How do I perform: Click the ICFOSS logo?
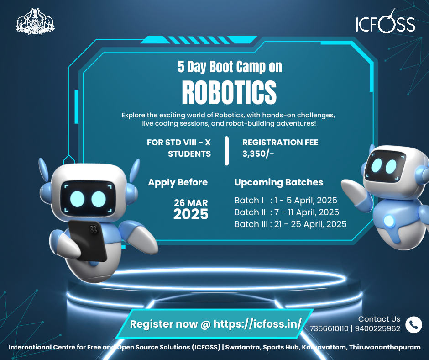click(x=385, y=21)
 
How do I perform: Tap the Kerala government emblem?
click(x=35, y=21)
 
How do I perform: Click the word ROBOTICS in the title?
click(x=229, y=93)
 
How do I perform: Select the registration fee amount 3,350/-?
click(x=258, y=154)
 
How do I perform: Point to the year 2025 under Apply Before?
click(x=191, y=214)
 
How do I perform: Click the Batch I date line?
click(x=286, y=200)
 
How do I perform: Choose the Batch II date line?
click(x=287, y=212)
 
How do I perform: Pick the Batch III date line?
click(x=290, y=224)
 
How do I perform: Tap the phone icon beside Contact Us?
click(x=413, y=325)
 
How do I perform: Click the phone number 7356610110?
click(x=329, y=328)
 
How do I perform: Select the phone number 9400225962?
click(x=377, y=328)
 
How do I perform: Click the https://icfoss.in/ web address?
click(x=257, y=324)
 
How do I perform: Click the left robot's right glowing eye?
click(x=99, y=199)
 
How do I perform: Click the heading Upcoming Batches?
click(x=279, y=182)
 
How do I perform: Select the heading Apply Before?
click(x=178, y=183)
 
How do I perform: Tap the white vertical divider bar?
click(x=226, y=151)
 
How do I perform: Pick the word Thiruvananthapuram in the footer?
click(x=385, y=347)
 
